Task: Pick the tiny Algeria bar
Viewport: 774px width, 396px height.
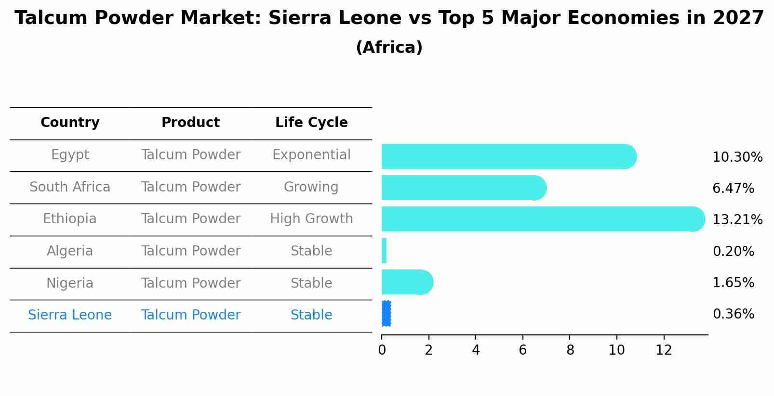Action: [x=384, y=251]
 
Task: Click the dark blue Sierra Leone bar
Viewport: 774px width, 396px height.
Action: [x=386, y=314]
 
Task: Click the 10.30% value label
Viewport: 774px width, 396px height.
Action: [x=737, y=157]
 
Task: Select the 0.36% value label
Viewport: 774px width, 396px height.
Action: [x=733, y=314]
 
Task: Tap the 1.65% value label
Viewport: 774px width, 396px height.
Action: [x=733, y=282]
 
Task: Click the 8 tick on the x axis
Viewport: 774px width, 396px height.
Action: [x=570, y=350]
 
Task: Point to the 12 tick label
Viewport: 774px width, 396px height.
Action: [x=664, y=350]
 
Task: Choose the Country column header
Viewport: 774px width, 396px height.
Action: [x=70, y=123]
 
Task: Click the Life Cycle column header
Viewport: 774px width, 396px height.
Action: [x=311, y=123]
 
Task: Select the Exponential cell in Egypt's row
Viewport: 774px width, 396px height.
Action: [x=311, y=155]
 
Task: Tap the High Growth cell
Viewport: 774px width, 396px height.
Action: [x=311, y=219]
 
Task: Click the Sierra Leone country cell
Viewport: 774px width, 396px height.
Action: [x=70, y=315]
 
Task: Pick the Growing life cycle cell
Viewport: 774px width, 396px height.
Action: [x=311, y=187]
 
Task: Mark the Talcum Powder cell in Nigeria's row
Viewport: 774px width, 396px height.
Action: [x=190, y=283]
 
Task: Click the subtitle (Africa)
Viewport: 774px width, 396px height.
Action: [x=389, y=48]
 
